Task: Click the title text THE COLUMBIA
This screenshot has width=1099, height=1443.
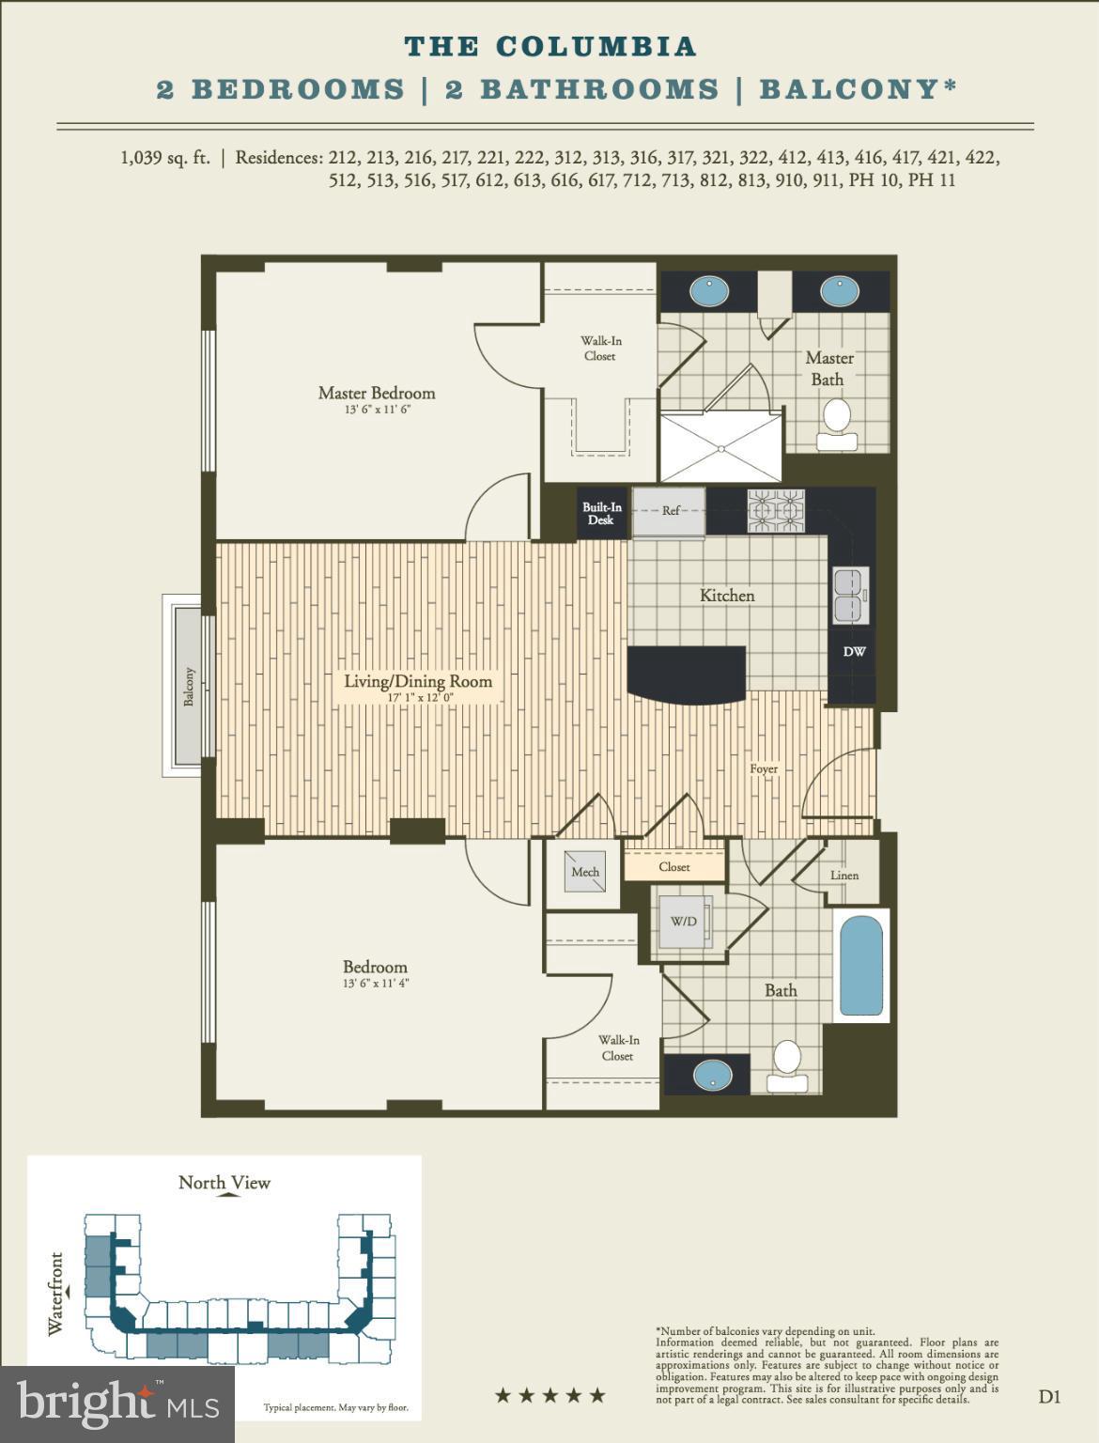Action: point(549,46)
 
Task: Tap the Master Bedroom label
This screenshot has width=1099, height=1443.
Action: point(377,394)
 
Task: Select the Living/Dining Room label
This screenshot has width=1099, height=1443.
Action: point(418,682)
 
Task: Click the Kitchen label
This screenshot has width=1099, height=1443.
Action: point(727,596)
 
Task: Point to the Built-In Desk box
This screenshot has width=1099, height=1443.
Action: point(601,514)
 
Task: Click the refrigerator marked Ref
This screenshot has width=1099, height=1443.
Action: point(670,511)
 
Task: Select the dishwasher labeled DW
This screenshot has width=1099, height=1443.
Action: point(854,652)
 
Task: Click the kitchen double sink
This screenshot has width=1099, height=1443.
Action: point(851,596)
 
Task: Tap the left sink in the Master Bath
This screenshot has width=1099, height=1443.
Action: point(709,290)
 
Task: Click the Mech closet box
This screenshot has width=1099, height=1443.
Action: point(584,872)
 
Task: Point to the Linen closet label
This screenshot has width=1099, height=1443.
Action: point(844,876)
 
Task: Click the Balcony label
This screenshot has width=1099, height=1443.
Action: point(189,687)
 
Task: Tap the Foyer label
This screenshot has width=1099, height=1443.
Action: point(764,768)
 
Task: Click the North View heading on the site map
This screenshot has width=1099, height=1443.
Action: point(224,1183)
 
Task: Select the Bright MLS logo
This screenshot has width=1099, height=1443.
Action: point(117,1404)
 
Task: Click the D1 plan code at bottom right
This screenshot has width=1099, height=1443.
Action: point(1049,1397)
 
